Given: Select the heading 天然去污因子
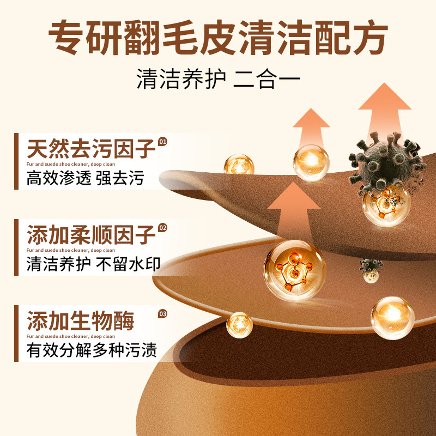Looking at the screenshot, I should pos(90,149).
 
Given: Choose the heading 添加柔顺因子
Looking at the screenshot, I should pos(90,235).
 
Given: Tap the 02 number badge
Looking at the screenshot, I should pos(162,228).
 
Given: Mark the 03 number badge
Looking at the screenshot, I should pos(162,314).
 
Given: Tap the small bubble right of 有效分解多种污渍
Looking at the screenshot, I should pos(239,325).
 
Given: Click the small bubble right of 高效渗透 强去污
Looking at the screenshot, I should pos(239,165).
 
